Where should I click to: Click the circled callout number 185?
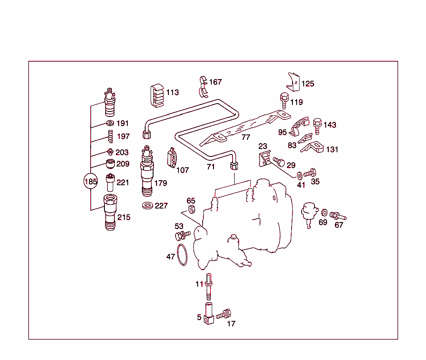point(91,182)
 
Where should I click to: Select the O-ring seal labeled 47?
point(182,255)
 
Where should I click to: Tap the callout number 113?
point(172,92)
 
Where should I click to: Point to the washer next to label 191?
point(110,123)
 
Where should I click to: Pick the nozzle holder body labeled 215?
point(110,212)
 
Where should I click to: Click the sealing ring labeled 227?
point(147,206)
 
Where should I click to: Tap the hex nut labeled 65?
point(192,209)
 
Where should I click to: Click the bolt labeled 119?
point(284,101)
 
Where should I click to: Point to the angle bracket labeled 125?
point(293,82)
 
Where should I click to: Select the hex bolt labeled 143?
point(317,125)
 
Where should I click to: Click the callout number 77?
point(246,137)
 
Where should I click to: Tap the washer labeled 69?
point(324,213)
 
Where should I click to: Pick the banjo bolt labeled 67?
point(337,216)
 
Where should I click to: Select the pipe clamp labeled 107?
point(172,158)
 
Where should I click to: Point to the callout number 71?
point(211,167)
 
